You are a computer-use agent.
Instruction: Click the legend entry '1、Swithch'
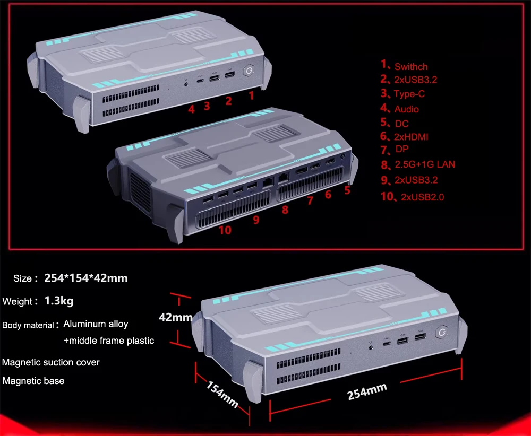[x=404, y=66]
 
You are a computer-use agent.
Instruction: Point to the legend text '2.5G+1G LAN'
[x=425, y=164]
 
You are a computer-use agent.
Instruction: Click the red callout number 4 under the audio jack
[x=191, y=109]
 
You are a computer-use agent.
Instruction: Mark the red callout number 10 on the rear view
[x=225, y=230]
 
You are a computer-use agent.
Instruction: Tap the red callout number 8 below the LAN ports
[x=285, y=210]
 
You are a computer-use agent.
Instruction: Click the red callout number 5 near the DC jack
[x=347, y=189]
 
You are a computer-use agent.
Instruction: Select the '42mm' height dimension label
[x=176, y=318]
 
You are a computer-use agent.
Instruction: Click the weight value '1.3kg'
[x=59, y=301]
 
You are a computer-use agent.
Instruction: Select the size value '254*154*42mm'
[x=86, y=277]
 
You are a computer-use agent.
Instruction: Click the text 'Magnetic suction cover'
[x=51, y=362]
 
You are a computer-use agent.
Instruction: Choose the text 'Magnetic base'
[x=33, y=380]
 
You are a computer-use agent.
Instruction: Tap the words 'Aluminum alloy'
[x=96, y=324]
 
